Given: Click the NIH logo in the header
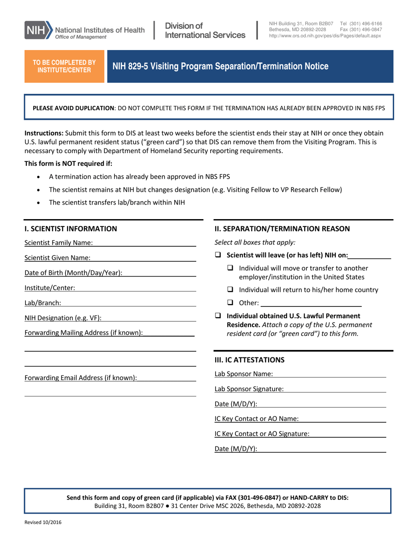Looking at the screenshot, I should pos(39,30).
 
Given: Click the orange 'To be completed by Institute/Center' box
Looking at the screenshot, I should pos(64,66).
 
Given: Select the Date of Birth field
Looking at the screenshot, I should pos(159,273).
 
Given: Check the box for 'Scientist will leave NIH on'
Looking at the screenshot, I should pos(218,255).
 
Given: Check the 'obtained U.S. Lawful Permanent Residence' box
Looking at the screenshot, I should pos(218,316).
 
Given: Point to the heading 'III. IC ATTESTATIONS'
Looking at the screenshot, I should pos(249,360).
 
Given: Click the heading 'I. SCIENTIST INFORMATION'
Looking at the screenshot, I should pos(71,228).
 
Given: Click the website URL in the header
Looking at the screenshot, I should pos(325,36).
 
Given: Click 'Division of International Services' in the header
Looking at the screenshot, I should pos(205,30).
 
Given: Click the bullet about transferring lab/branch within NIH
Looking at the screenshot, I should pos(117,202).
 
